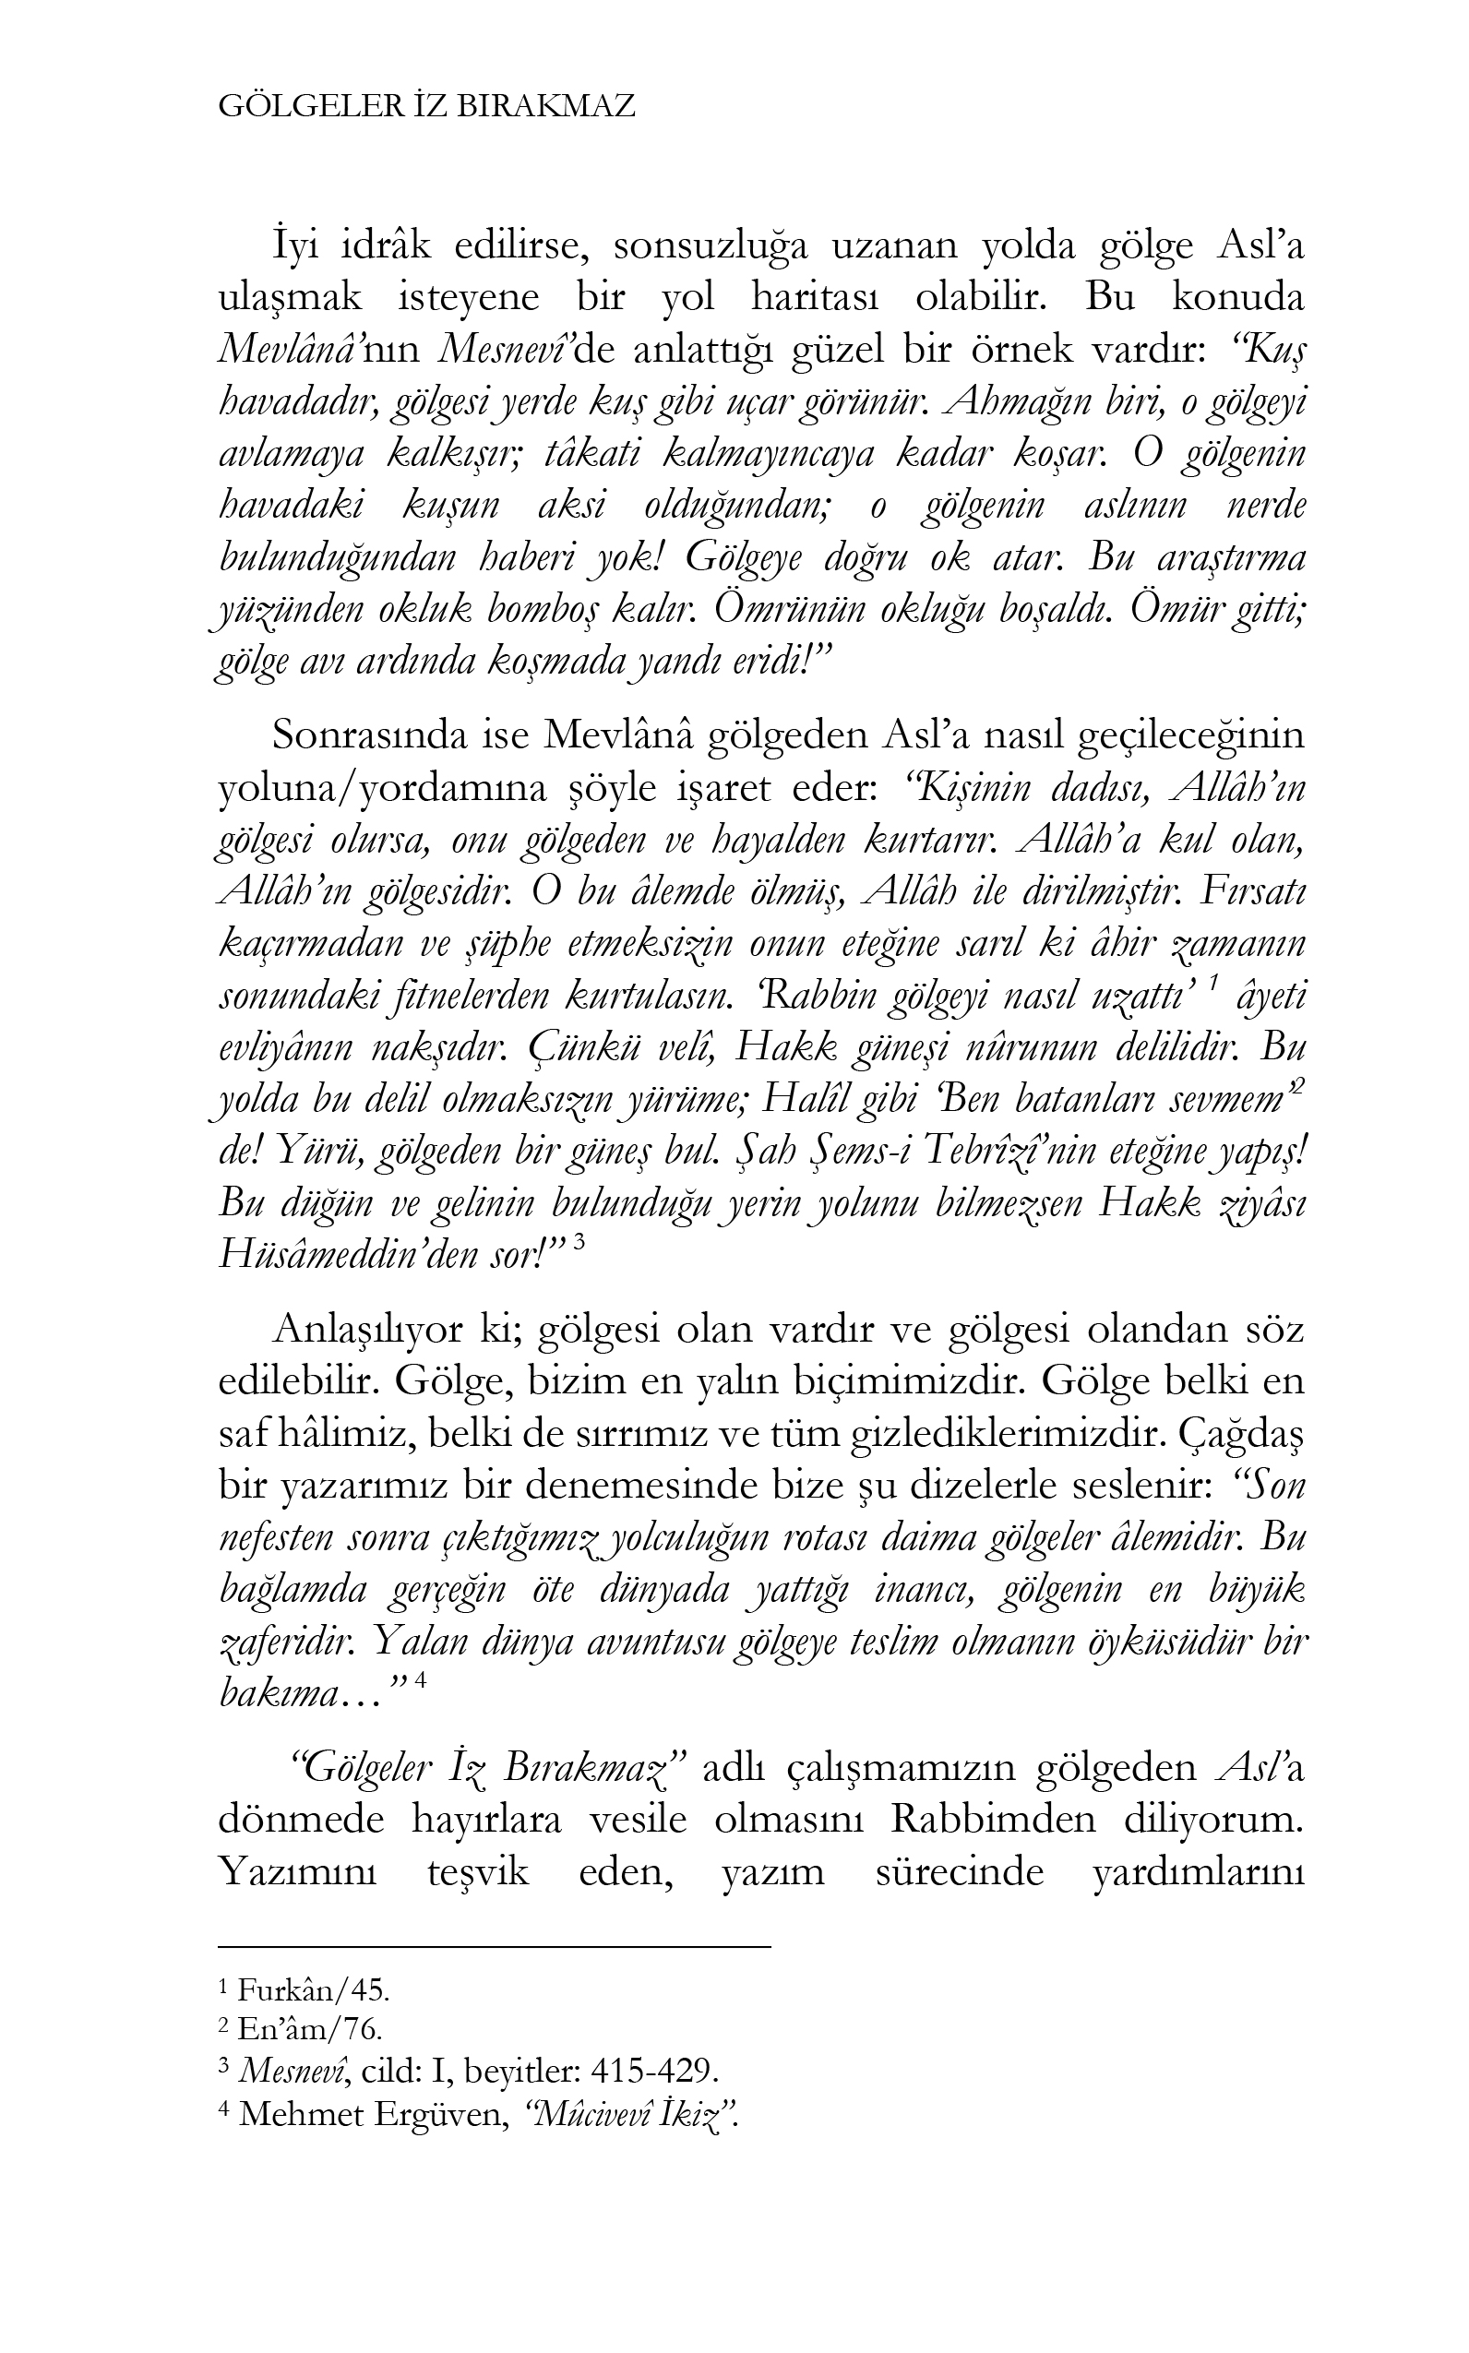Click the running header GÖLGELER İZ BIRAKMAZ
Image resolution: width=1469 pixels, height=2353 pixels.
426,106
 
